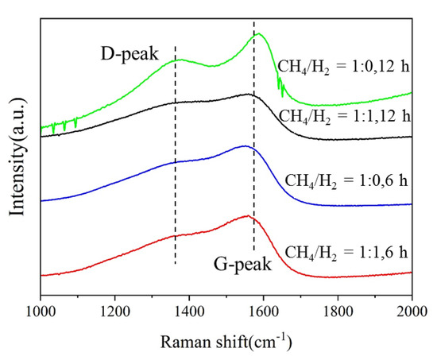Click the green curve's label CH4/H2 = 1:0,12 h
click(344, 66)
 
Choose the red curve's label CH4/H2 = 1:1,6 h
click(345, 253)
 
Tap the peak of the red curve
click(247, 215)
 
